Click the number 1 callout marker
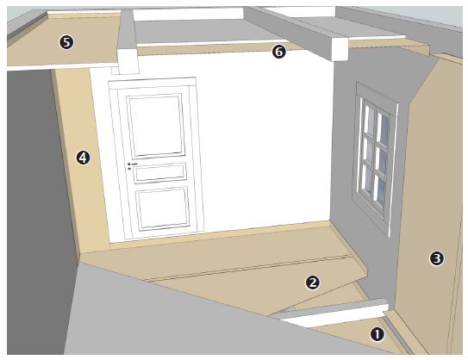[378, 334]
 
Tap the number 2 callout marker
[313, 282]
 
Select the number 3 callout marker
[437, 258]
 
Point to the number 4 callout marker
[83, 158]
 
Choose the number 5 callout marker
[66, 42]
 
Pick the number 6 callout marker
[278, 52]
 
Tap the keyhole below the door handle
[129, 169]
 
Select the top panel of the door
[155, 126]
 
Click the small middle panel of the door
[160, 173]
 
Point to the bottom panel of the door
[163, 208]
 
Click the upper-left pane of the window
[369, 117]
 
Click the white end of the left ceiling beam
[128, 62]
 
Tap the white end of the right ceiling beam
[340, 49]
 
